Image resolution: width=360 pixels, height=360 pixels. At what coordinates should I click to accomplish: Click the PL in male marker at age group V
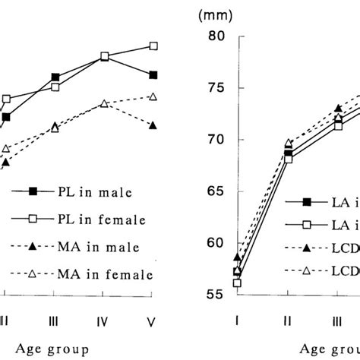tap(153, 74)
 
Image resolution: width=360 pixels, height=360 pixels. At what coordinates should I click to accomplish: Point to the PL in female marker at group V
tap(153, 46)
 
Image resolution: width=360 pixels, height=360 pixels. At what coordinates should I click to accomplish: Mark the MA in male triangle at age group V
tap(153, 125)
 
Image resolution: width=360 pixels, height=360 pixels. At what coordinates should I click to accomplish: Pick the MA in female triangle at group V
tap(153, 96)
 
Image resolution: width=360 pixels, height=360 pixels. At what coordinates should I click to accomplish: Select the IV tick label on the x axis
tap(105, 322)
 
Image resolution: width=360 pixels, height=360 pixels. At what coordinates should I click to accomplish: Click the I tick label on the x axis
tap(237, 322)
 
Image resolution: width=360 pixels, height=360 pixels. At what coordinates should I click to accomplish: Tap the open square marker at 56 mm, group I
tap(237, 283)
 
